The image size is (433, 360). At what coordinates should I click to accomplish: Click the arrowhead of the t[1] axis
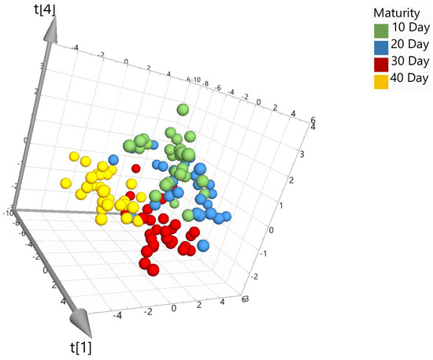(79, 321)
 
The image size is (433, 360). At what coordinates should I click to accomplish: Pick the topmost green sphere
(183, 109)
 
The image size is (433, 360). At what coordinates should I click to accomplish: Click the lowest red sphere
(154, 269)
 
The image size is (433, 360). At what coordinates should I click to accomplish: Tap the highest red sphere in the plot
(135, 168)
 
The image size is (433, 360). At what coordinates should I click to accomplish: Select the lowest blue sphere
(203, 245)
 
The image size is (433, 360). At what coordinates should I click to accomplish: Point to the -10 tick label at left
(7, 212)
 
